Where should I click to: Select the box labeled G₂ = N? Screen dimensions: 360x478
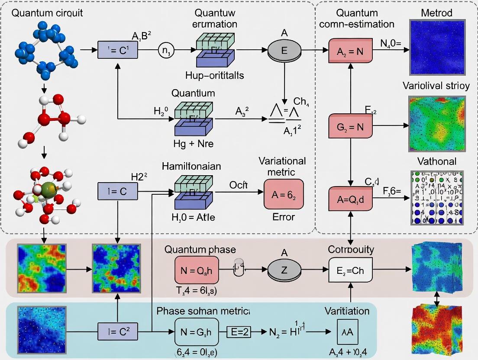pyautogui.click(x=350, y=126)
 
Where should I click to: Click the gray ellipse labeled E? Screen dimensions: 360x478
pyautogui.click(x=284, y=51)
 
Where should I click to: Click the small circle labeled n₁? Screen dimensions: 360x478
pyautogui.click(x=167, y=51)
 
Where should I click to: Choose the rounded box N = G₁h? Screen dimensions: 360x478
pyautogui.click(x=197, y=332)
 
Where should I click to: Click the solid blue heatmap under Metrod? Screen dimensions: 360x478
pyautogui.click(x=437, y=48)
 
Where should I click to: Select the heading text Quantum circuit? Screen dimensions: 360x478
pyautogui.click(x=47, y=13)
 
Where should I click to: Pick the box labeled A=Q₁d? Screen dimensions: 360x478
pyautogui.click(x=350, y=199)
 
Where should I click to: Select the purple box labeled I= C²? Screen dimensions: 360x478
pyautogui.click(x=118, y=332)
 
